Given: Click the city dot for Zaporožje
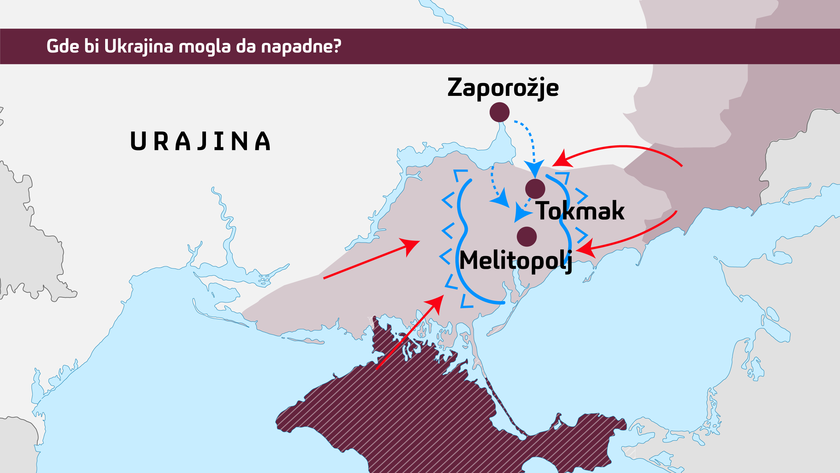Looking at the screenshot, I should click(499, 112).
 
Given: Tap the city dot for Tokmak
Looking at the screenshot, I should click(535, 189).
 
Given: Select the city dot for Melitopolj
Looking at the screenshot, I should click(527, 236).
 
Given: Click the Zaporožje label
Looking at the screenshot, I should click(503, 88).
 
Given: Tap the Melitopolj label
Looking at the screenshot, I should click(515, 261).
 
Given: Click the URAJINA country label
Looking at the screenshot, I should click(201, 141).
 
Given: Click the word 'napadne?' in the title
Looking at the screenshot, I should click(301, 46).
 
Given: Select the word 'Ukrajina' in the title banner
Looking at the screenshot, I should click(138, 46).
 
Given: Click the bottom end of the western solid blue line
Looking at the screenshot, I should click(503, 303).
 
